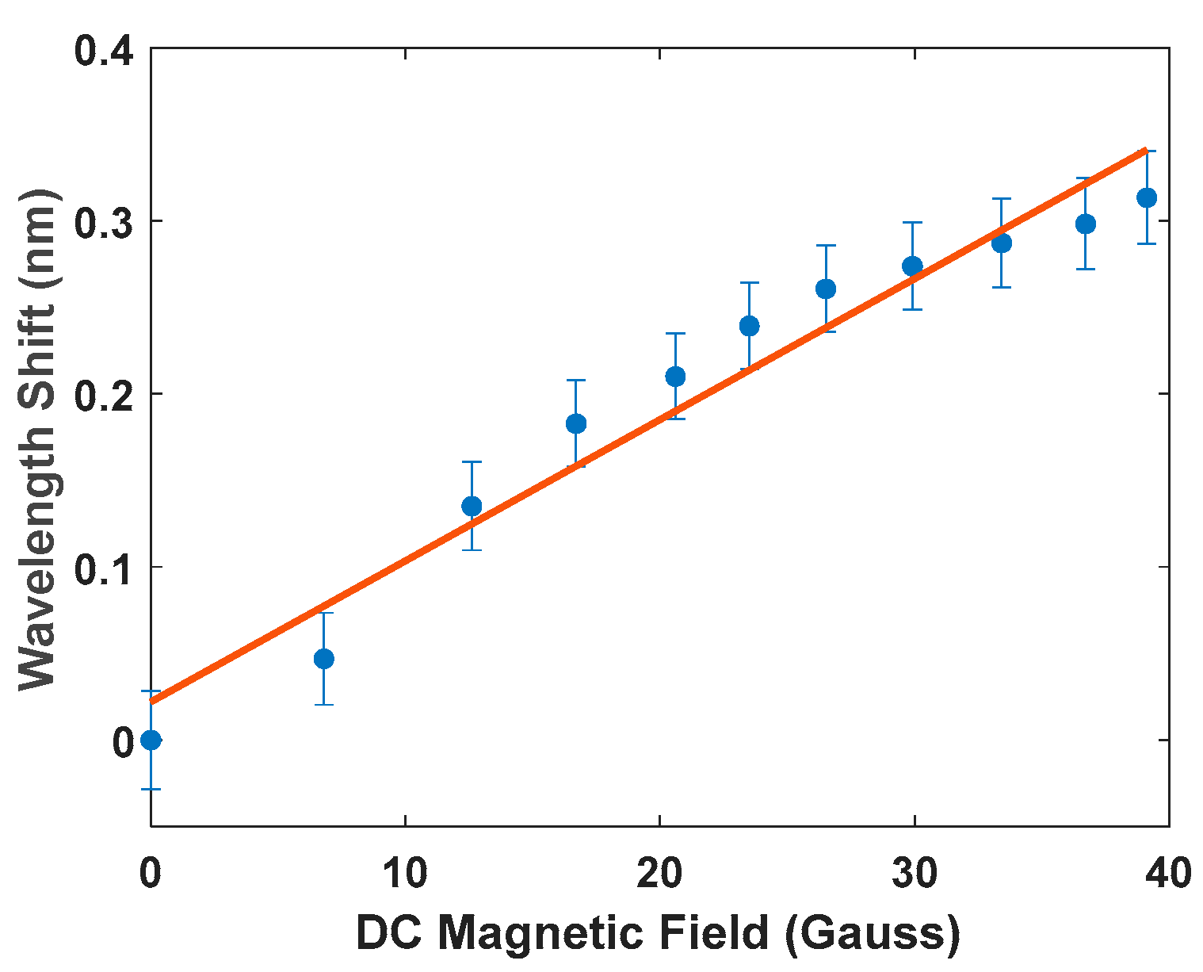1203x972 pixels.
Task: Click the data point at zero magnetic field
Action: click(x=151, y=740)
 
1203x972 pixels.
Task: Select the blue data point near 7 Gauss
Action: click(x=323, y=659)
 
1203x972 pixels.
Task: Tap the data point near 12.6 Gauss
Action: click(x=472, y=506)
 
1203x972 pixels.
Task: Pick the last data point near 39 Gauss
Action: click(x=1147, y=197)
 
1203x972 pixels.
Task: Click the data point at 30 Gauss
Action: click(x=913, y=266)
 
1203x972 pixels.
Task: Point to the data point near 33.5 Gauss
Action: click(x=1002, y=243)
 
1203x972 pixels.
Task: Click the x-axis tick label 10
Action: click(x=405, y=873)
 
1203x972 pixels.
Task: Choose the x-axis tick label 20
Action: click(x=659, y=873)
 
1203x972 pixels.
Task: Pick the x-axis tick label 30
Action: click(x=914, y=873)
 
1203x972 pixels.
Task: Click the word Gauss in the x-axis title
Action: click(x=872, y=933)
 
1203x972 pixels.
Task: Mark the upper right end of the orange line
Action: click(x=1145, y=150)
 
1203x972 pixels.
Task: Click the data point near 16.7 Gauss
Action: click(x=576, y=423)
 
